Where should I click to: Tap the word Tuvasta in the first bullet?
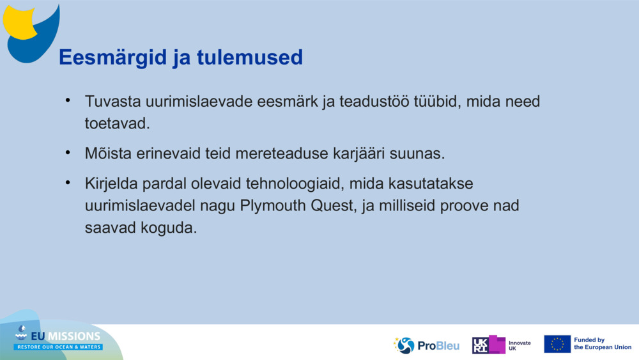(112, 102)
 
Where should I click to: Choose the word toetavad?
(117, 123)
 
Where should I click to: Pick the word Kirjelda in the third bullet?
(113, 184)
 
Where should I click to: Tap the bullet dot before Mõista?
(68, 153)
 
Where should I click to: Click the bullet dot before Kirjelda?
(68, 183)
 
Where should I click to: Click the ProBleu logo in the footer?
(426, 345)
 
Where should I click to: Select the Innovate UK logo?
(502, 345)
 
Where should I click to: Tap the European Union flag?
(557, 344)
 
